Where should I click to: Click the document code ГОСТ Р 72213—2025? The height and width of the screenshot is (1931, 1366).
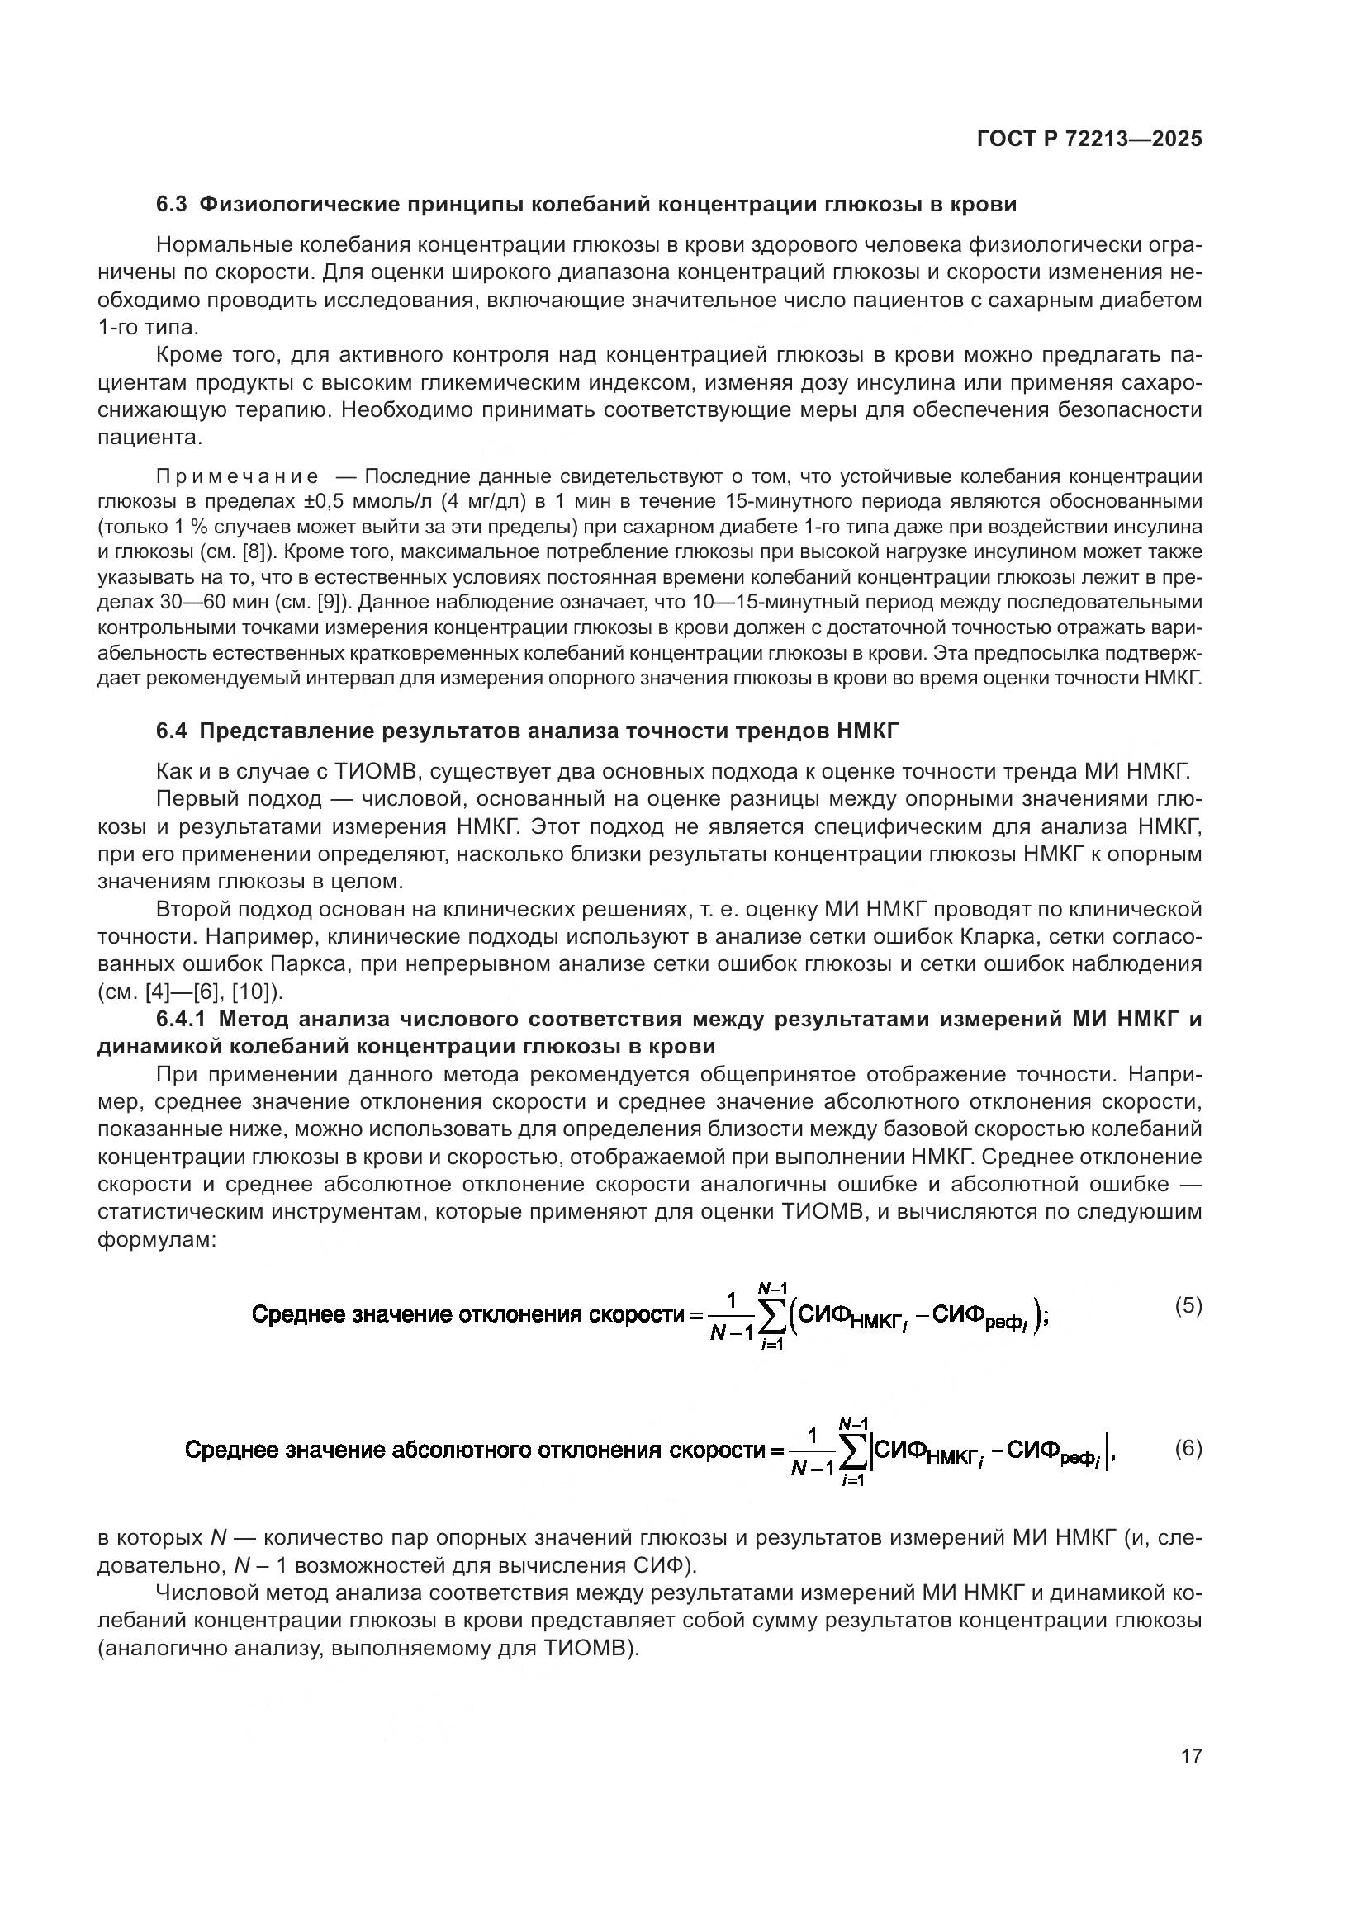point(1089,140)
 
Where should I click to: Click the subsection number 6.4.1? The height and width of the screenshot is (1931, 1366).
point(182,1020)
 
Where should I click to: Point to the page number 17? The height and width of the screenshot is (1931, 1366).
point(1191,1756)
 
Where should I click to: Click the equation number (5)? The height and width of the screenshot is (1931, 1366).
point(1188,1306)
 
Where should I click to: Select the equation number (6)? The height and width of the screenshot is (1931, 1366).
point(1188,1448)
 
